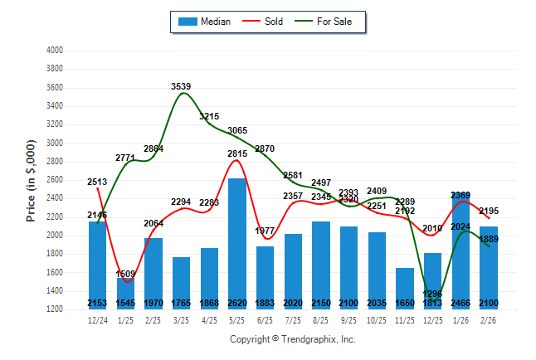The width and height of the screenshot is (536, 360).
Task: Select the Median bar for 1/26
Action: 460,249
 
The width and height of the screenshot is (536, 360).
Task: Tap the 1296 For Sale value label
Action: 433,294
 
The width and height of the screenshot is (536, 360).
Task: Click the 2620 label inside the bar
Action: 236,303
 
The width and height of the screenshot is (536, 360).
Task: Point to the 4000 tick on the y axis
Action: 54,51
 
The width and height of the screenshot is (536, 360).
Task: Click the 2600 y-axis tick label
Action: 54,180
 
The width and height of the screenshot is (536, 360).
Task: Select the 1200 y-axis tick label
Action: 54,309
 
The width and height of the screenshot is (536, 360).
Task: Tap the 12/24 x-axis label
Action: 97,319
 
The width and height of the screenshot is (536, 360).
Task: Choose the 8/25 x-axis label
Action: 321,319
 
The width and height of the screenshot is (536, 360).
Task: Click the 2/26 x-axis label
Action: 489,319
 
